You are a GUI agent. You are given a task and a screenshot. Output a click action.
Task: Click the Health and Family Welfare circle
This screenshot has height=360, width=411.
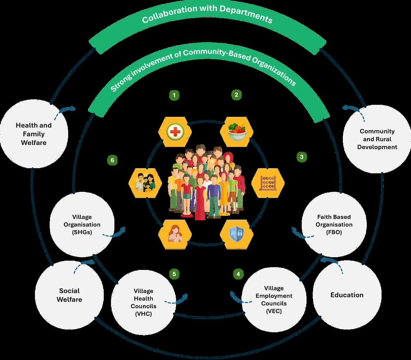[34, 134]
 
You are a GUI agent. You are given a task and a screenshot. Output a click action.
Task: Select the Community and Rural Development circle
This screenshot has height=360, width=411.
[377, 139]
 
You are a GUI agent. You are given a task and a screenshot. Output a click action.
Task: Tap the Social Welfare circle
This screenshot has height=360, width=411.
[69, 295]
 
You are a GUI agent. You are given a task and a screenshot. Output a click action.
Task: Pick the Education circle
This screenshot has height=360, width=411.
[347, 295]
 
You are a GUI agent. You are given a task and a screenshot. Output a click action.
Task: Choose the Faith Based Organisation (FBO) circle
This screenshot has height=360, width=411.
[334, 225]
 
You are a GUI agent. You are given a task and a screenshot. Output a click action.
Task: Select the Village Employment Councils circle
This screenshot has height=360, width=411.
[274, 300]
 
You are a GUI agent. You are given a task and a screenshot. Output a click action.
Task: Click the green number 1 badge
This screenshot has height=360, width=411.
[174, 95]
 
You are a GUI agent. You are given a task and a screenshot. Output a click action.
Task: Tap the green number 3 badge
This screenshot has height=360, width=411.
[301, 157]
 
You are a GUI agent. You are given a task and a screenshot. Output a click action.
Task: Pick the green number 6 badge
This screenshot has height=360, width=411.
[112, 160]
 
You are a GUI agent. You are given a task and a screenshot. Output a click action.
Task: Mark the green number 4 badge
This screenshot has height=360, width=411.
[238, 274]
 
